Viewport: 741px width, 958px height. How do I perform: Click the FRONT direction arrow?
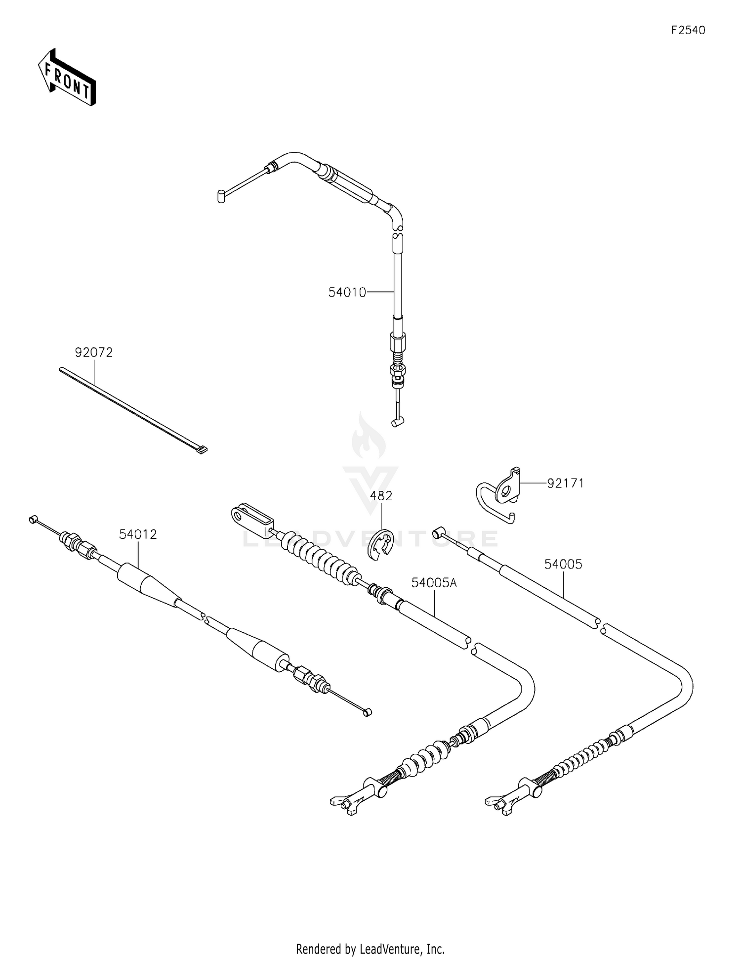coord(67,78)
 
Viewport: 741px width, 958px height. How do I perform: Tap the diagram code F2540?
coord(688,31)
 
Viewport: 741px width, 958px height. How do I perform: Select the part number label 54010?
coord(347,293)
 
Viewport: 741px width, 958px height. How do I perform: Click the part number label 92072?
coord(94,352)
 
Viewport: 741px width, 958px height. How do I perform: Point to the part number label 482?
coord(381,496)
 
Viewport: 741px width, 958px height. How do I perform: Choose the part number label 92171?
coord(565,483)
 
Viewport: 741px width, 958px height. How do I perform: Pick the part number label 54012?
coord(138,534)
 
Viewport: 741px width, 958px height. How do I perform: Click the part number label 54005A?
coord(434,583)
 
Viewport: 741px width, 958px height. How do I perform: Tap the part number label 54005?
coord(563,564)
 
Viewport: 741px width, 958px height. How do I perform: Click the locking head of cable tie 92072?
coord(202,450)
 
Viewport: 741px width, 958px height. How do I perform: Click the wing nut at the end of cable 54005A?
coord(344,807)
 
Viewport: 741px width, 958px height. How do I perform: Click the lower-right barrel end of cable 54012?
coord(367,712)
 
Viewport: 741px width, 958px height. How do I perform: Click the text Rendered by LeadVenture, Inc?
coord(370,949)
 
